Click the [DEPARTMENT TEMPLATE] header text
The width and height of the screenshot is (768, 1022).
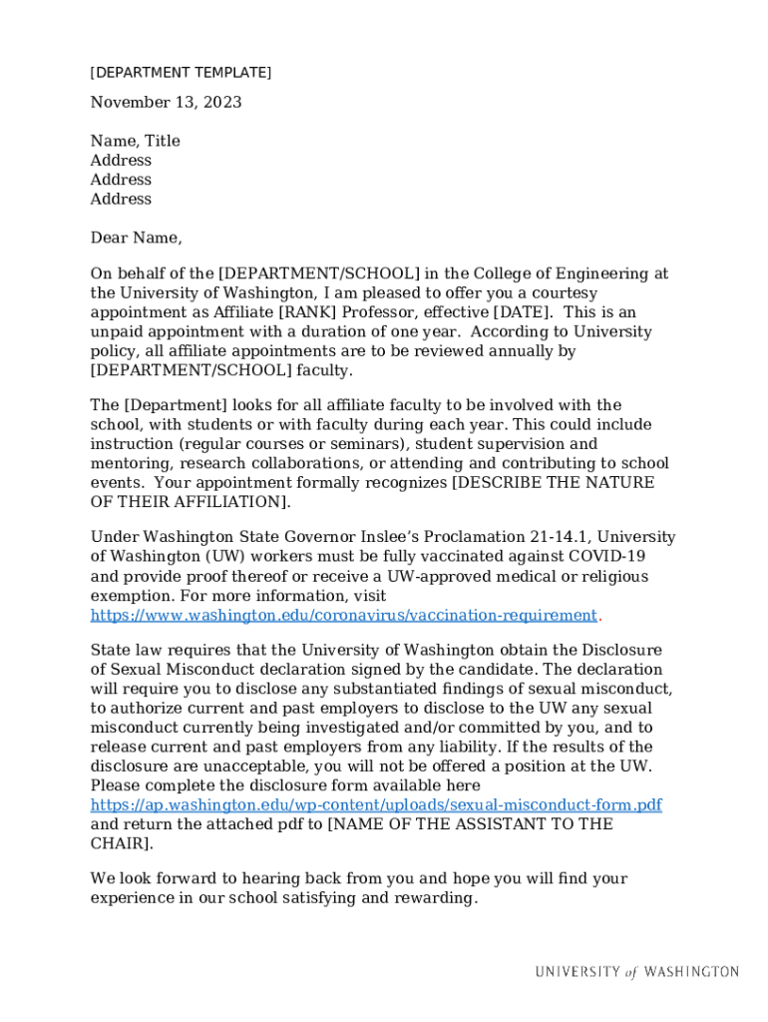[181, 73]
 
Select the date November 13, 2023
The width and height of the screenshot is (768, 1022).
[166, 103]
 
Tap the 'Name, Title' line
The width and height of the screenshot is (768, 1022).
[135, 142]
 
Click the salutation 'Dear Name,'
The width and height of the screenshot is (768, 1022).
[136, 239]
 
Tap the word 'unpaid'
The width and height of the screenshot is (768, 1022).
[116, 332]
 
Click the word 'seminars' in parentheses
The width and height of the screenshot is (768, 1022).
[371, 444]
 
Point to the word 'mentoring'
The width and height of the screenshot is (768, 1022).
[128, 464]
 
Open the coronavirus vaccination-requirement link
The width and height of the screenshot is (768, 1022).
[343, 616]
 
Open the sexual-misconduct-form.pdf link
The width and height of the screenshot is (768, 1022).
[375, 805]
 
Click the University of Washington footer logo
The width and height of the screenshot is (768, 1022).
[636, 972]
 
